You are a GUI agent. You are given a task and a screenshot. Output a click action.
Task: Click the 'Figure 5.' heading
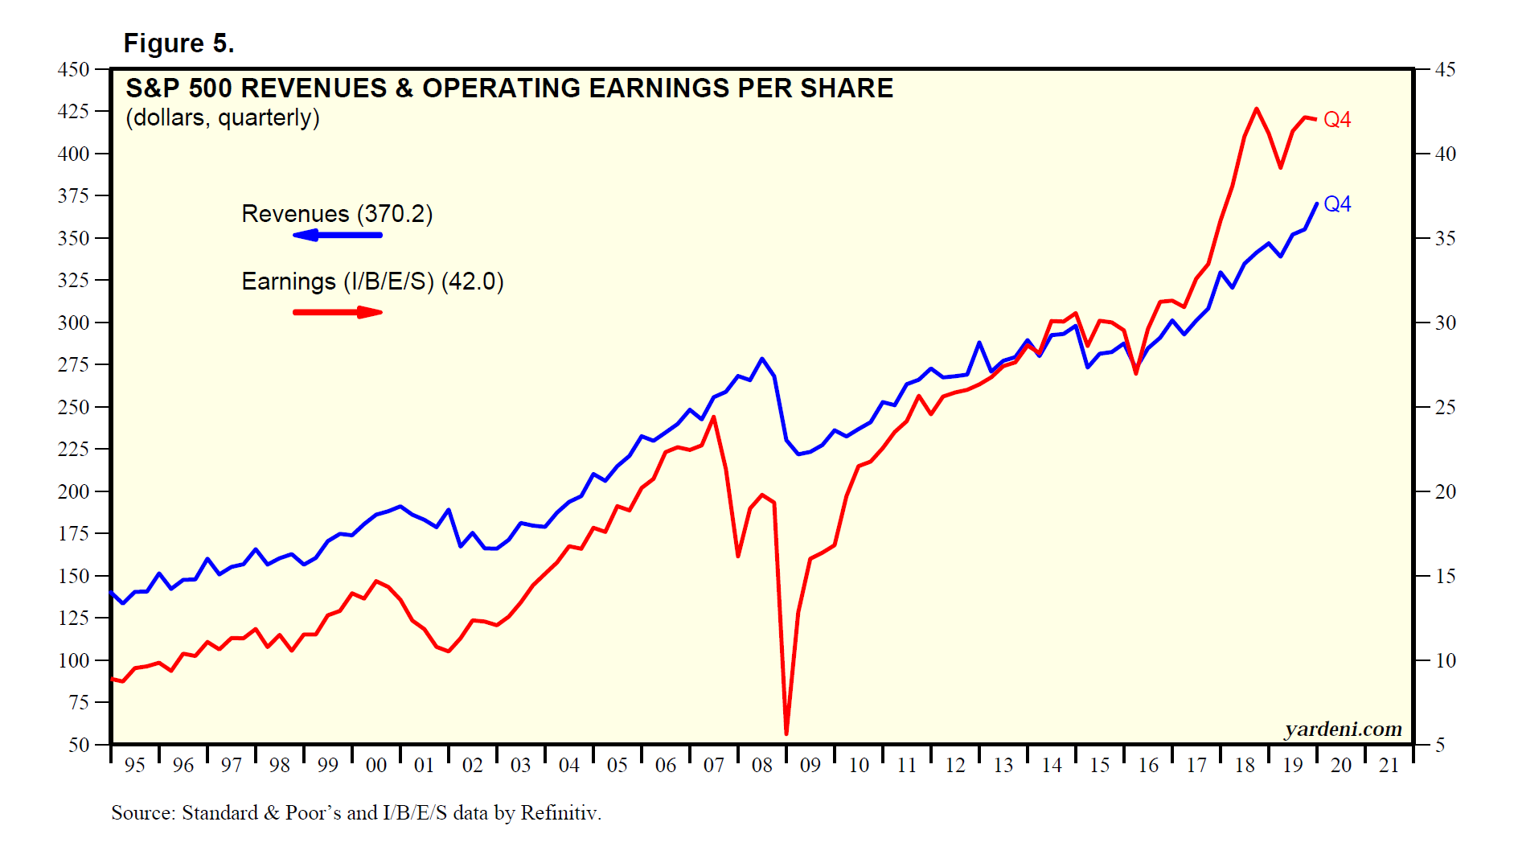point(178,43)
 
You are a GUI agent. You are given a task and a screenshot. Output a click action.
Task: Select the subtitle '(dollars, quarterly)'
point(223,118)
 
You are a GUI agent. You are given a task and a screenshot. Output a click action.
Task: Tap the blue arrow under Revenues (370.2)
point(337,235)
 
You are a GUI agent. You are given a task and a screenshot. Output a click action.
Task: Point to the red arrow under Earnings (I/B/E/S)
point(337,312)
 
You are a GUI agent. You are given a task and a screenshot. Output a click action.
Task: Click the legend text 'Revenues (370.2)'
point(337,214)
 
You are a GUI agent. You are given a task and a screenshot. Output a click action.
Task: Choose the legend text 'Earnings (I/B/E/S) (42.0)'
point(372,282)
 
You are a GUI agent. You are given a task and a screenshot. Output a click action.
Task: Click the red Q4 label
point(1336,120)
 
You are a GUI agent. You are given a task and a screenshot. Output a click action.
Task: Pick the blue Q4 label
point(1336,204)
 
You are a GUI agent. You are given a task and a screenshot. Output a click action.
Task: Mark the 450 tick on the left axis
point(73,70)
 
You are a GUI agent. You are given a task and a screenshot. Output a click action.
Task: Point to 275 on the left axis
point(73,365)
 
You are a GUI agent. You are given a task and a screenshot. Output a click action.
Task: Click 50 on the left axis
point(79,745)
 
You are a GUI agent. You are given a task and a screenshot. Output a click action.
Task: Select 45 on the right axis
point(1445,70)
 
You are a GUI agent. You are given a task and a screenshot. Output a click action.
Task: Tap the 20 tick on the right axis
point(1445,491)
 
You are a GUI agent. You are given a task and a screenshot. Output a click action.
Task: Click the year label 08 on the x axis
point(761,766)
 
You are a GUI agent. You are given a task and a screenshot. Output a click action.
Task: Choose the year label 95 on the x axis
point(134,766)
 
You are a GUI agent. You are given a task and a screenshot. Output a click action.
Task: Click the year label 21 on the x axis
point(1389,766)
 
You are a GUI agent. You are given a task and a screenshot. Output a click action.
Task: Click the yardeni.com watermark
point(1343,729)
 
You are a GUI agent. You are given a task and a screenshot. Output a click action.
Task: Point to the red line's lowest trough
point(786,733)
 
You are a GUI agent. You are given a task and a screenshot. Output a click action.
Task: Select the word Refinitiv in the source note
point(560,813)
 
